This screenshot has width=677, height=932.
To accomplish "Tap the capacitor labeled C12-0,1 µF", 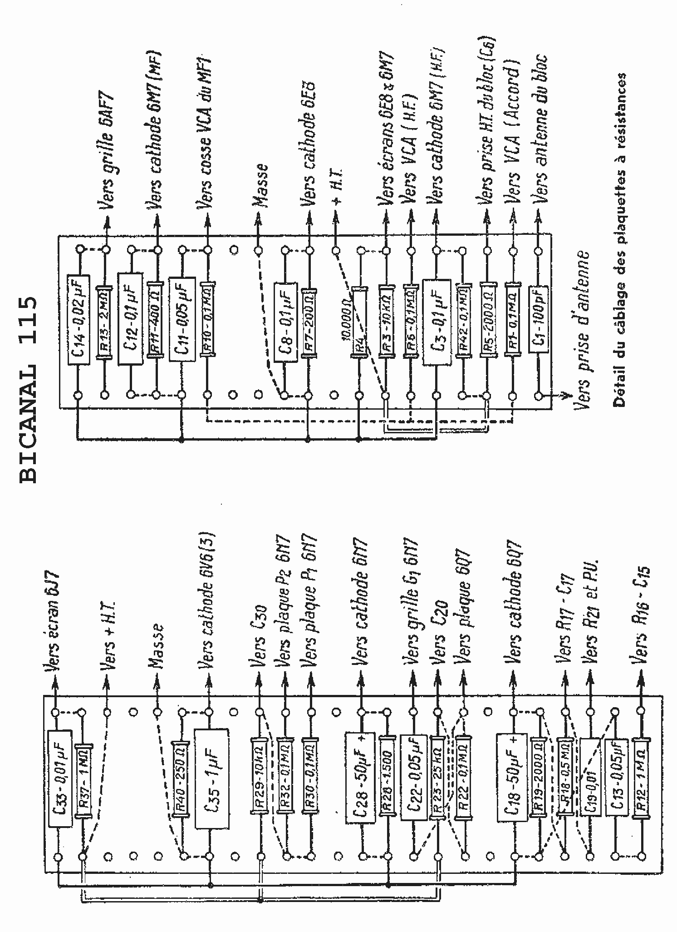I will click(x=130, y=318).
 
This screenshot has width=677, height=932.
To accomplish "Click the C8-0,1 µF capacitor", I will click(x=285, y=323).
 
